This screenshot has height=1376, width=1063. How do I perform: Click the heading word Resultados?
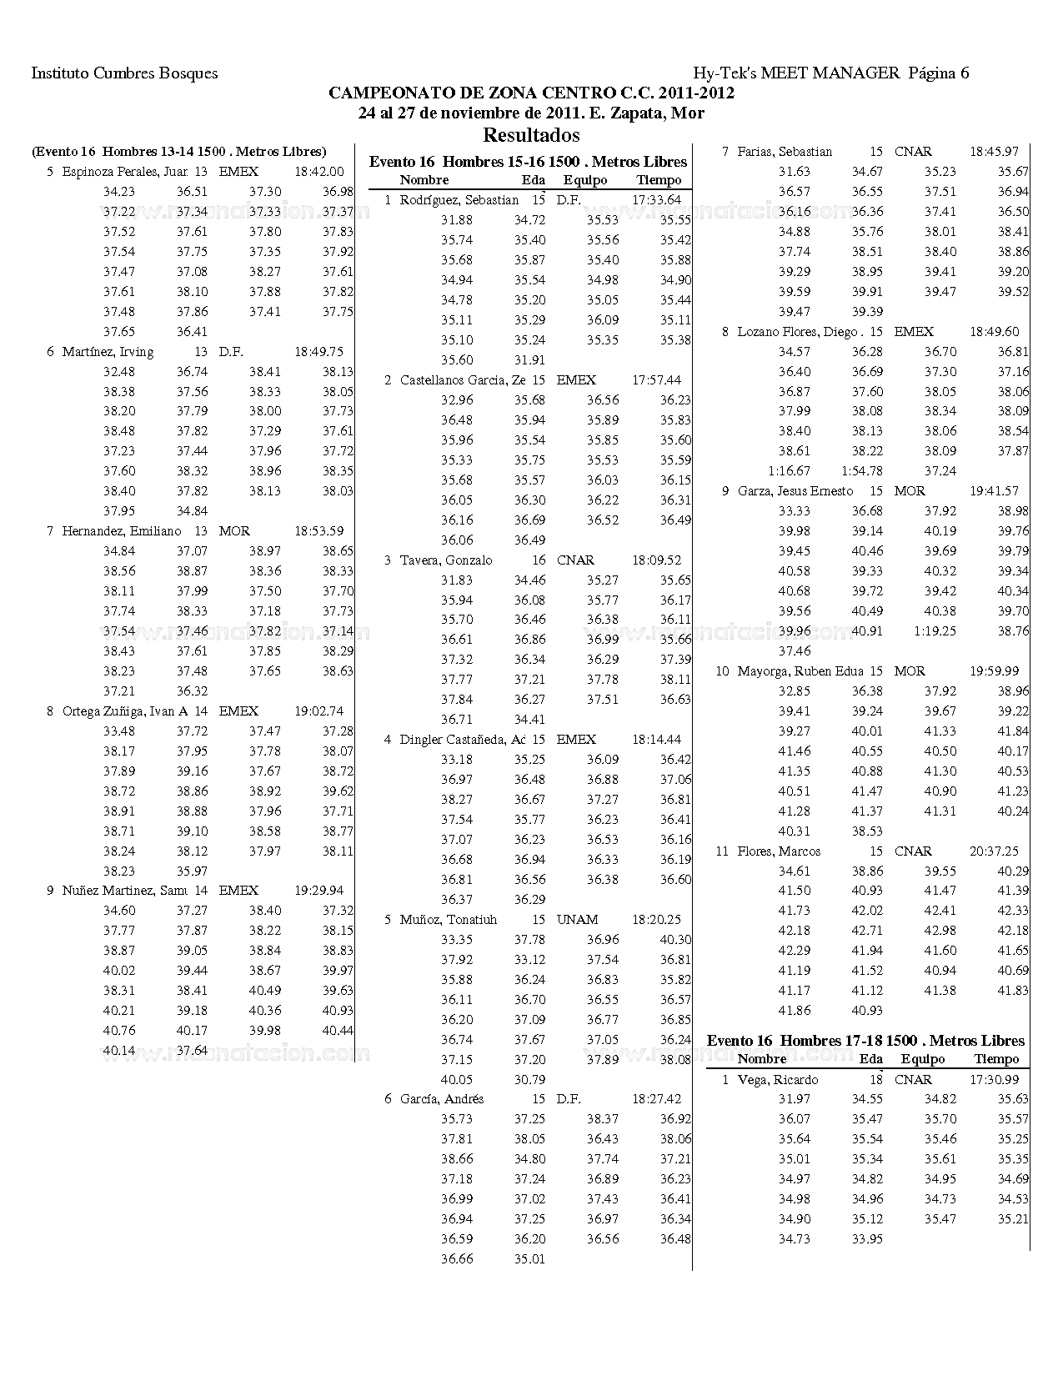pyautogui.click(x=531, y=134)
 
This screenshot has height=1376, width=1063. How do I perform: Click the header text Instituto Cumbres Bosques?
pyautogui.click(x=124, y=73)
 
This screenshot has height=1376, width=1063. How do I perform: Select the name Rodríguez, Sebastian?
pyautogui.click(x=459, y=200)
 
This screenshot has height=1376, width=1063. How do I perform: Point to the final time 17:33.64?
pyautogui.click(x=656, y=200)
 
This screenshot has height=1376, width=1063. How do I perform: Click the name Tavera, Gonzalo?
pyautogui.click(x=446, y=560)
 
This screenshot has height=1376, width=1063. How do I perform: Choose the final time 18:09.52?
pyautogui.click(x=656, y=560)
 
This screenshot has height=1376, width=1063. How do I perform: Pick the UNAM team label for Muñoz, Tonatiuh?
pyautogui.click(x=577, y=920)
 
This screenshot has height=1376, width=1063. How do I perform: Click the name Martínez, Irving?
pyautogui.click(x=108, y=352)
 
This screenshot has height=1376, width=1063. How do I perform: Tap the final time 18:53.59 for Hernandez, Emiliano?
pyautogui.click(x=318, y=531)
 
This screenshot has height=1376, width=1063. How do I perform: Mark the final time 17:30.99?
pyautogui.click(x=994, y=1080)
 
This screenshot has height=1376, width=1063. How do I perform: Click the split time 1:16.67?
pyautogui.click(x=790, y=471)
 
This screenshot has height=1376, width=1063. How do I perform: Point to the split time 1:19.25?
pyautogui.click(x=935, y=631)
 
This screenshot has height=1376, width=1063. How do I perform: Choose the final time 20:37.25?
pyautogui.click(x=994, y=851)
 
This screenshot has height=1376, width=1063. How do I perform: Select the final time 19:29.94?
pyautogui.click(x=318, y=891)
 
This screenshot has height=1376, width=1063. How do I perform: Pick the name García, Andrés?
pyautogui.click(x=441, y=1099)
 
